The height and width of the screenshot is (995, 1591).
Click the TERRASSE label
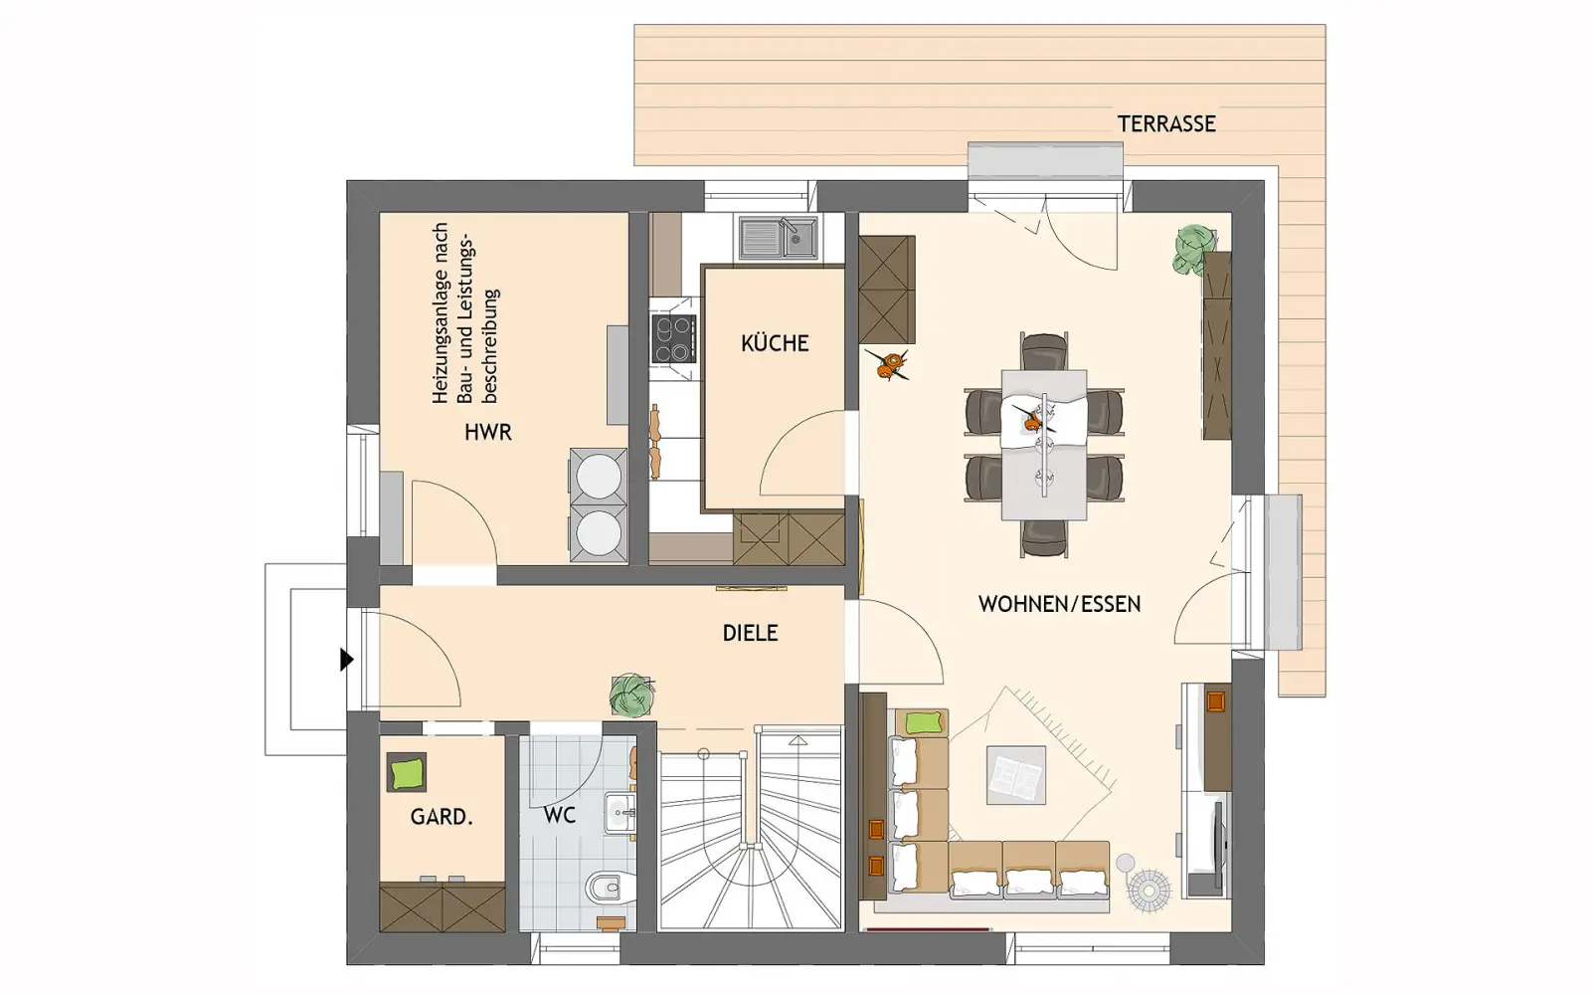pos(1166,124)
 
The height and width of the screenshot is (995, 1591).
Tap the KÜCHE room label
pos(775,344)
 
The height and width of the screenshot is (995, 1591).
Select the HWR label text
pos(488,432)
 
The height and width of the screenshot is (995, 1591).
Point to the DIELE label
pos(750,633)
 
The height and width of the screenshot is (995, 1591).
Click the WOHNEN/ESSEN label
pos(1059,604)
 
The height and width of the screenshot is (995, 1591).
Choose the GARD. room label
pos(442,817)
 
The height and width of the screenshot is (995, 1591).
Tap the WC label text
pos(560,815)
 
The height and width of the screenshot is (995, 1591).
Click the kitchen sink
pos(778,238)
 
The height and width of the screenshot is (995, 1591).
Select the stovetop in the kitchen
pos(673,339)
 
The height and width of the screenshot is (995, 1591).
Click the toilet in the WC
pos(609,887)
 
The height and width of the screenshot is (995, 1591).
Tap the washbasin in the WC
pos(620,812)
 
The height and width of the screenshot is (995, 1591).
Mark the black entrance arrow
pos(346,660)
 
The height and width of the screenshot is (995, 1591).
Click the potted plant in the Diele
pos(631,695)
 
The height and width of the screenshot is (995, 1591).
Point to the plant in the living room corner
pos(1194,249)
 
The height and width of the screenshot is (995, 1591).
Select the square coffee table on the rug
pos(1015,775)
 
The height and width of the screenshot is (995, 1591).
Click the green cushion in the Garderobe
pos(407,771)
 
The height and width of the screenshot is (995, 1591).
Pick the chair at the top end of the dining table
pos(1044,352)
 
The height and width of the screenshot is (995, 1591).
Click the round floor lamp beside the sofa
pos(1149,890)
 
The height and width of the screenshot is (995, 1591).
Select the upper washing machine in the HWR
pos(598,476)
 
